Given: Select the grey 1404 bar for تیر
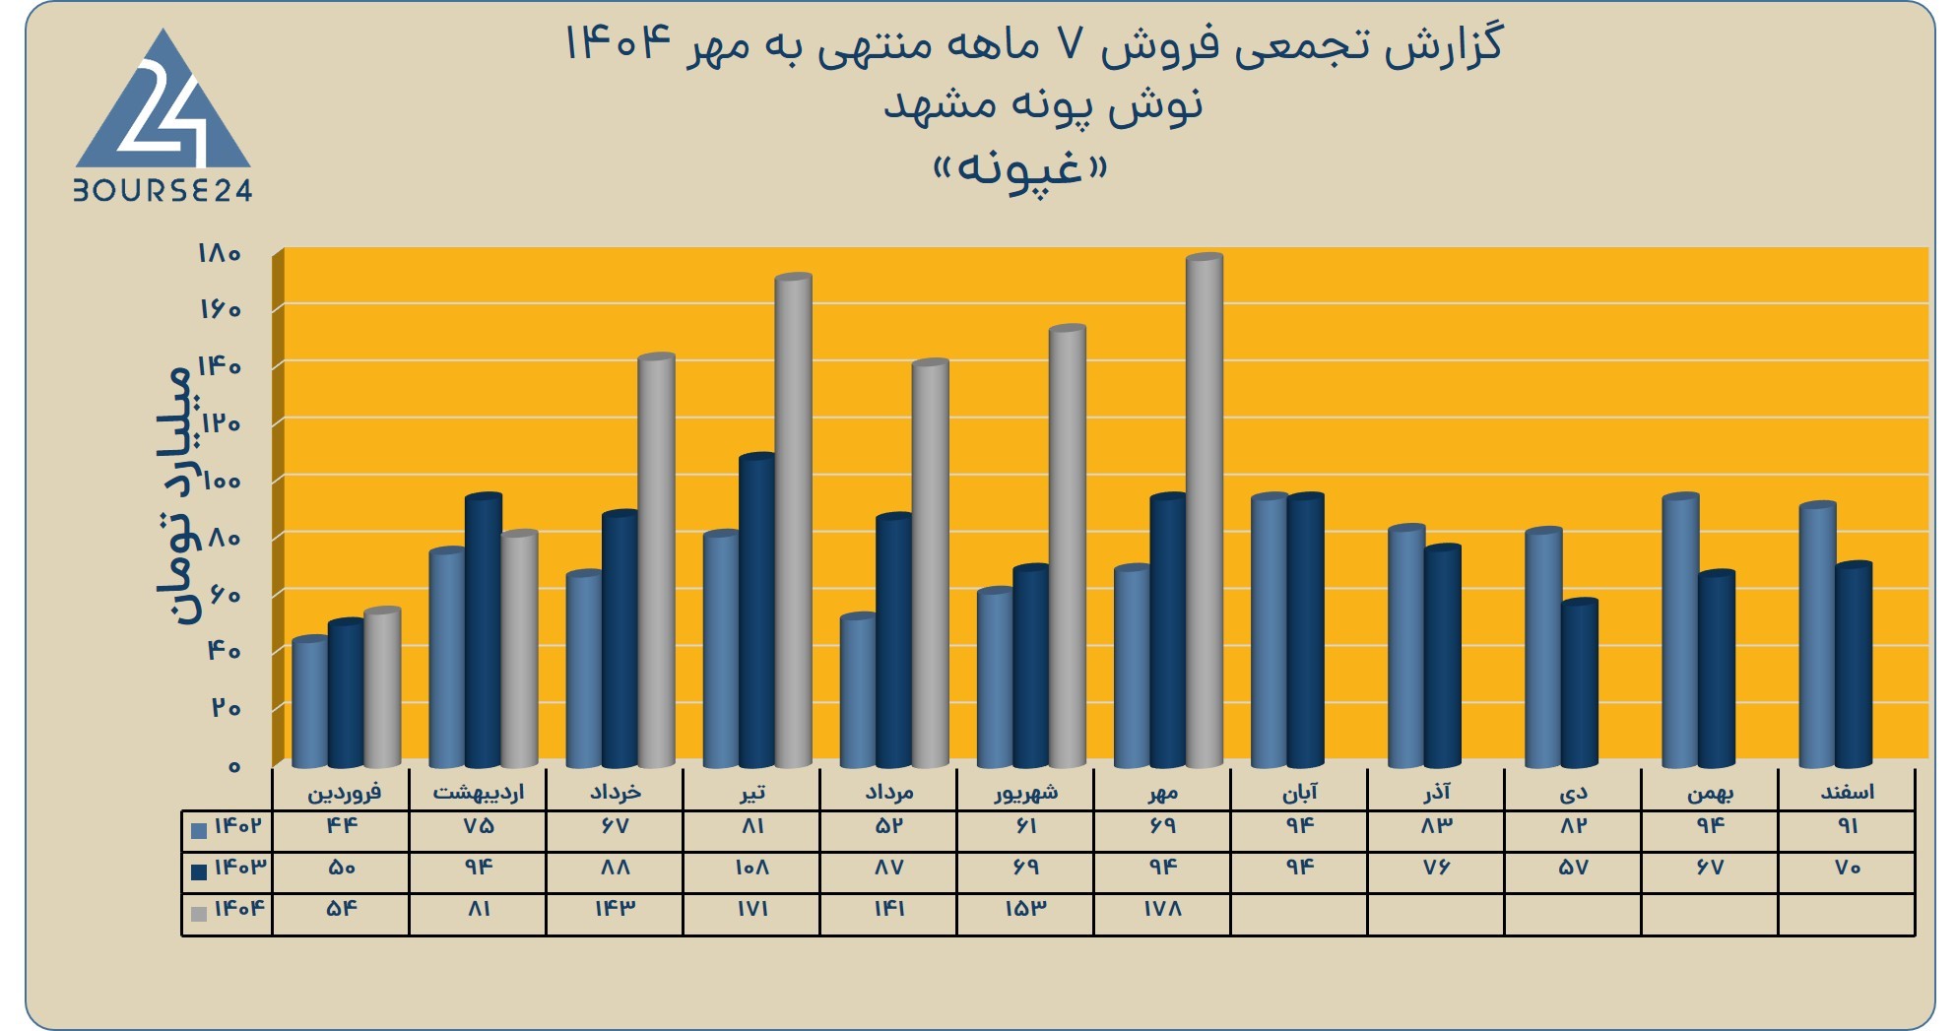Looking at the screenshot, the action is (x=794, y=521).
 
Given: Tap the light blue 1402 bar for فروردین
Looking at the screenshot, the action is (x=310, y=702).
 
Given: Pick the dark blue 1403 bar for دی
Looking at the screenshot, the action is (x=1580, y=683).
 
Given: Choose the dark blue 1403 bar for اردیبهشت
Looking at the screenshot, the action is (x=484, y=630).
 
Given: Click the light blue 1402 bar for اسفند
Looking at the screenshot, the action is (x=1817, y=634).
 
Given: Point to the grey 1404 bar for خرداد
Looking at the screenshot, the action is (x=657, y=560).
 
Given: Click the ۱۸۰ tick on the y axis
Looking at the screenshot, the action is (x=219, y=253).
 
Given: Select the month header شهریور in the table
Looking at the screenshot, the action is (x=1025, y=792).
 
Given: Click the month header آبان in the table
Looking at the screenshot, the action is (x=1299, y=792).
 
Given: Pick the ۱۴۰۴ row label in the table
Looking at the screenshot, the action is (x=239, y=908).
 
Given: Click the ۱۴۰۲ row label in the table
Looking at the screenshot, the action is (x=238, y=825).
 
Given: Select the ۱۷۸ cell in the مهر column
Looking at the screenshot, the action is (x=1162, y=909).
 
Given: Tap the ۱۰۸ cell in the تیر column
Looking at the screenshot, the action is (x=751, y=868).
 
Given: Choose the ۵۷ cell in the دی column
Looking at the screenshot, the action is (x=1573, y=868).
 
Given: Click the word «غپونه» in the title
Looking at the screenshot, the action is (x=1020, y=170).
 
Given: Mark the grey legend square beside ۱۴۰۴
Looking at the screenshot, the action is (x=199, y=914).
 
